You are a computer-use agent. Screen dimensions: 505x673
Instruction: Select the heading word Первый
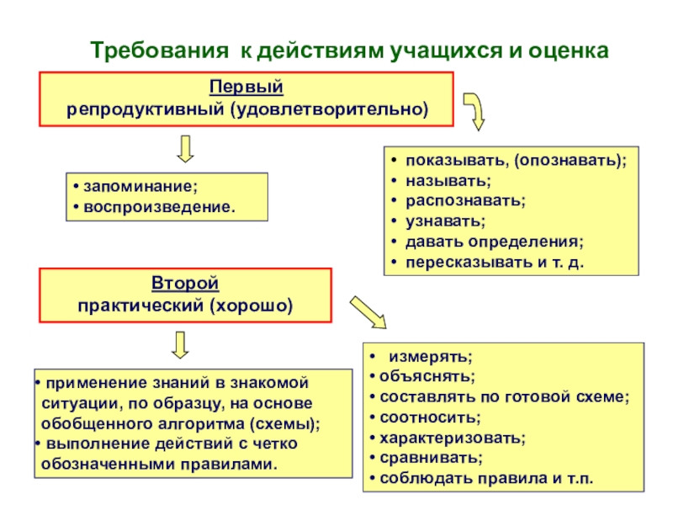click(246, 88)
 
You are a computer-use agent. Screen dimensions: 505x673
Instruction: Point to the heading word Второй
click(185, 284)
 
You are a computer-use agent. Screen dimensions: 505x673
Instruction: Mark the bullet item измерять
click(430, 357)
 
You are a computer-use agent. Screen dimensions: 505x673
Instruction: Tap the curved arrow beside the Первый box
click(476, 110)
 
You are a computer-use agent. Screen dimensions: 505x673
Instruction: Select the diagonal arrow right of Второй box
click(368, 312)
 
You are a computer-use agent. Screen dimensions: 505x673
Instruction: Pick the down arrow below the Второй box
click(179, 344)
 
